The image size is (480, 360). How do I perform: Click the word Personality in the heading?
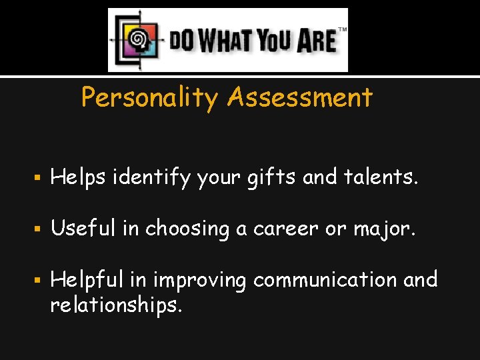(x=149, y=98)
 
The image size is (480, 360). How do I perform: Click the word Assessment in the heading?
(x=299, y=98)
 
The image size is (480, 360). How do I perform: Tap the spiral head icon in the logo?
(x=138, y=40)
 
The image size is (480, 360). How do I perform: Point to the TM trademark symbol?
(x=342, y=30)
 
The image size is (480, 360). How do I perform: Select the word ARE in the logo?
(x=315, y=41)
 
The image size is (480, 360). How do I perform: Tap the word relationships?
(x=115, y=306)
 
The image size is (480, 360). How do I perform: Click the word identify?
(x=152, y=178)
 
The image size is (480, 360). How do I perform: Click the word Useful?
(x=83, y=229)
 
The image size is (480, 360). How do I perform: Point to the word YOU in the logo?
(x=275, y=41)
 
